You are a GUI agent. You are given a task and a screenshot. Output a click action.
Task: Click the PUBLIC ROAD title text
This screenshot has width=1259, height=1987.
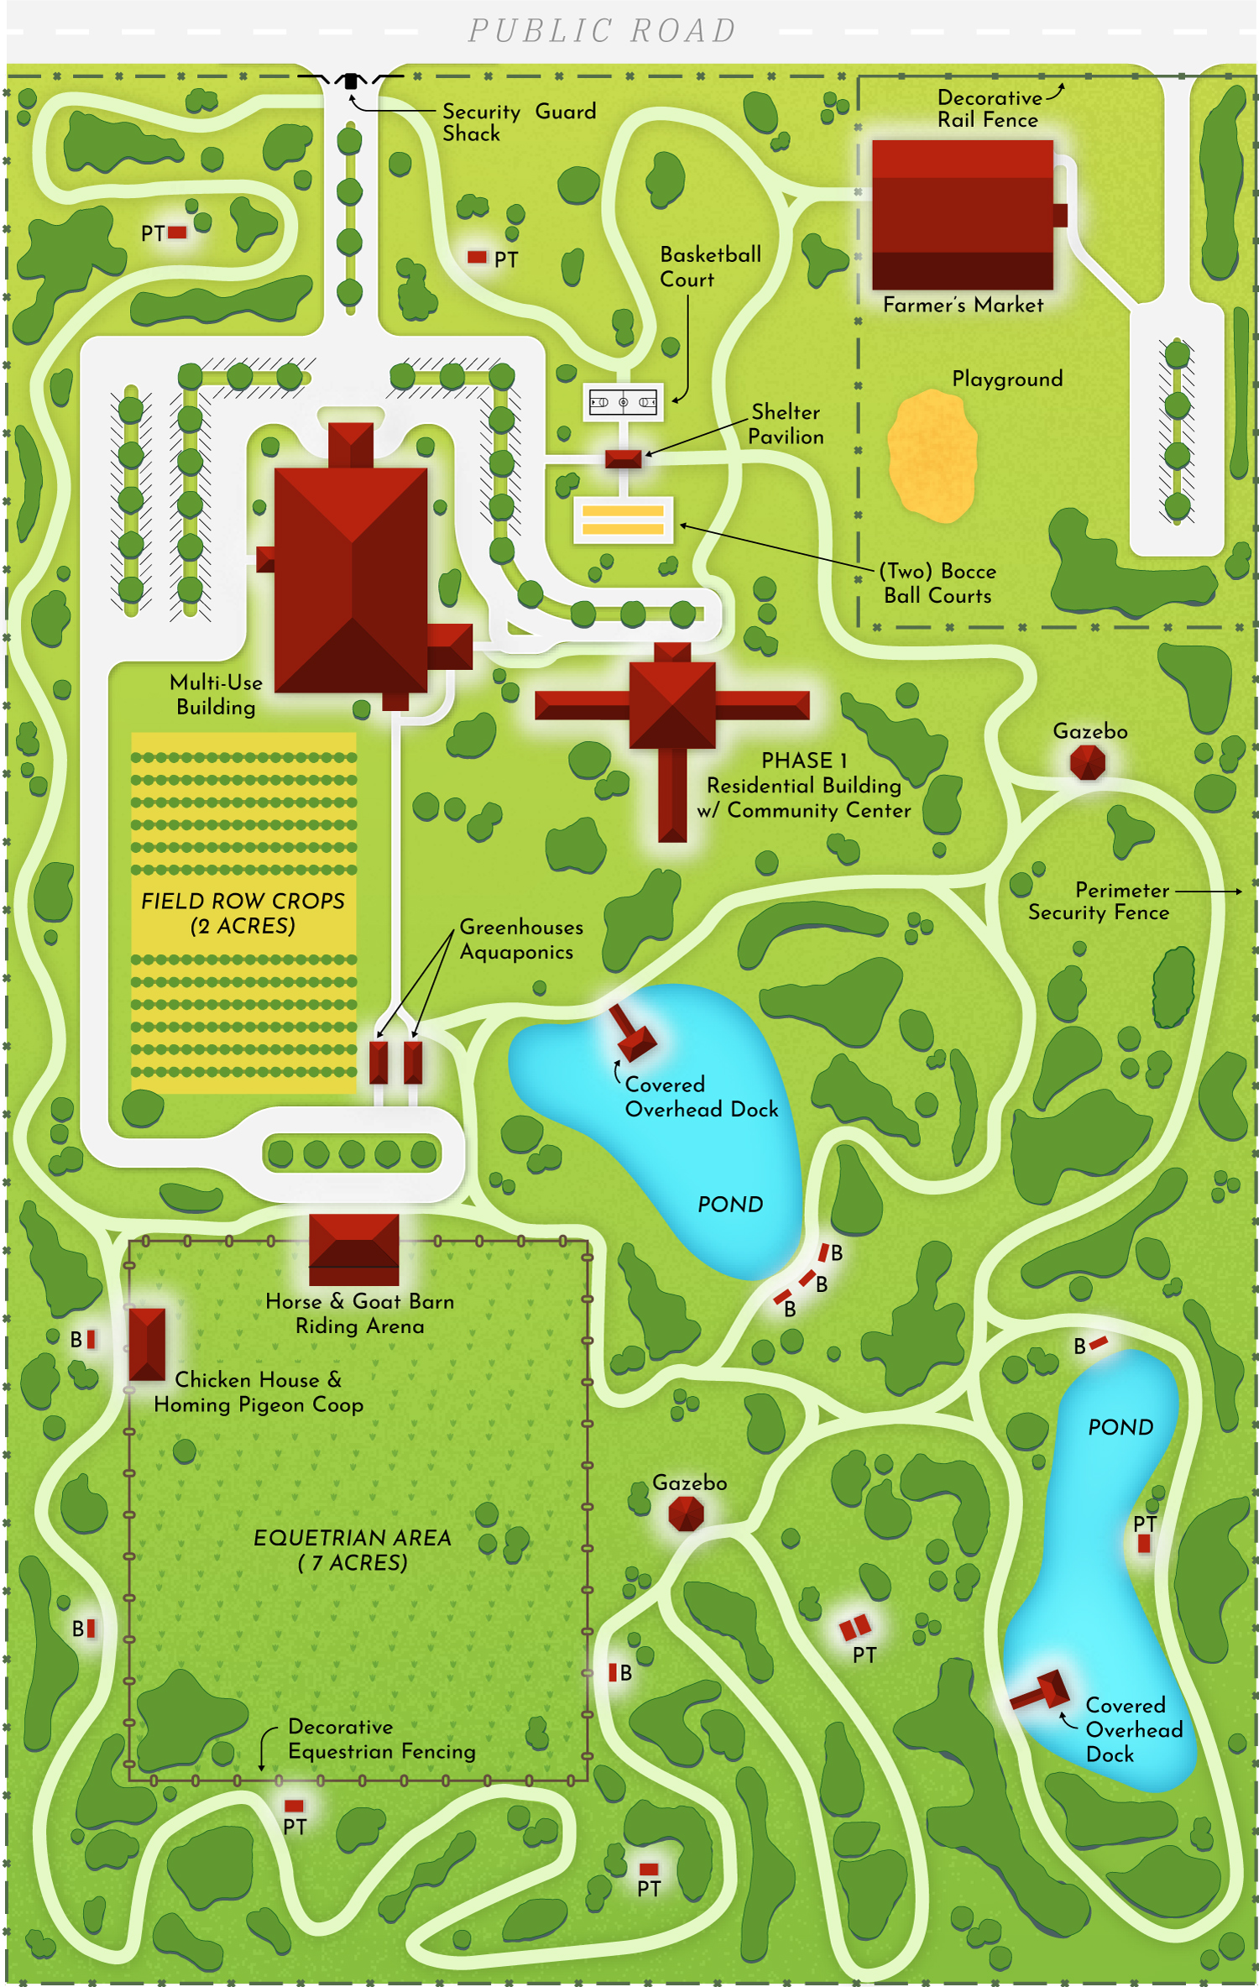coord(602,31)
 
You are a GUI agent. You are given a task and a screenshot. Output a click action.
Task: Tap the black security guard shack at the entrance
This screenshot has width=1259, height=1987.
coord(351,81)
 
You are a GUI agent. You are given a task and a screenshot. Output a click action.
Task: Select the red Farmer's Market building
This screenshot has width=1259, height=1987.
coord(963,214)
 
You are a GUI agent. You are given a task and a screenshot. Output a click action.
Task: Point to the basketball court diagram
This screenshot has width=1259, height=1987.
coord(623,402)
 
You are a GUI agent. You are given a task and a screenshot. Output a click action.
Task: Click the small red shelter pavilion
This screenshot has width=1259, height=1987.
coord(624,458)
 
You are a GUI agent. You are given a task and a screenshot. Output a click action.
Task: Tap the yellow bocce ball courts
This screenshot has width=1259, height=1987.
coord(623,520)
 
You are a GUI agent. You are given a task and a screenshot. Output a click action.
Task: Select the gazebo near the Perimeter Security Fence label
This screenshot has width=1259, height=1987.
coord(1088,762)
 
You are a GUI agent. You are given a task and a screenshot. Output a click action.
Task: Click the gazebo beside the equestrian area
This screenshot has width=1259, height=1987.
coord(686,1514)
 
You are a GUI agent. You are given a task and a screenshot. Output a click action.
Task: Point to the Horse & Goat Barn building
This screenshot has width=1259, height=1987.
coord(353,1248)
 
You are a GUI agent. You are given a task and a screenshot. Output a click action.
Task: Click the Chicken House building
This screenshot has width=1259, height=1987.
coord(147,1343)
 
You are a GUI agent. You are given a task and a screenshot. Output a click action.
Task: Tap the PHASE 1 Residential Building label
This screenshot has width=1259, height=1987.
coord(803,785)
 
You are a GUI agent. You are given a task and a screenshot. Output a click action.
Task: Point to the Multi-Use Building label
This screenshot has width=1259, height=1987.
coord(216,694)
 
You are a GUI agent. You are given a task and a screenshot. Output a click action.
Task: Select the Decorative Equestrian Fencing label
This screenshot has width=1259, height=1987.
coord(381,1739)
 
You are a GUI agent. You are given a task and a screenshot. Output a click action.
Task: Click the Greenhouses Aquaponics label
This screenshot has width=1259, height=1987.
coord(520,939)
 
